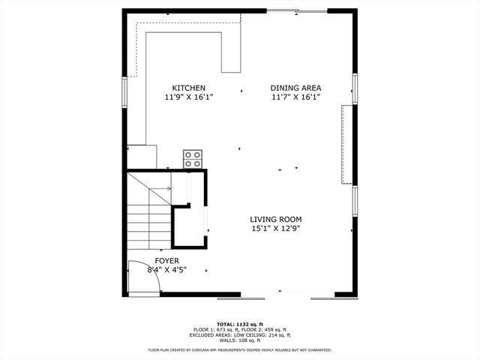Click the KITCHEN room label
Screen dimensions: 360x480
point(188,88)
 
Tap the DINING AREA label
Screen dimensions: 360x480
point(295,88)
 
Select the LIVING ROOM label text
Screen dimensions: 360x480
point(276,220)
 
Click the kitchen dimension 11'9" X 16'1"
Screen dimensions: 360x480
point(189,97)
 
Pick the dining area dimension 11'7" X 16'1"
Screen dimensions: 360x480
point(295,97)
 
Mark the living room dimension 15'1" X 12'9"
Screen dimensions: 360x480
point(276,229)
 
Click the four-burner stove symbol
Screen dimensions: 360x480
point(193,159)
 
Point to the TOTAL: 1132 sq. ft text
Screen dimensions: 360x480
point(240,324)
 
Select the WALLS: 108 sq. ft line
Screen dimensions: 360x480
point(240,340)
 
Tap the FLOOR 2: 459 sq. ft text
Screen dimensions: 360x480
point(267,330)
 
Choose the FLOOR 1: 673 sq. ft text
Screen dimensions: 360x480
point(216,330)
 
